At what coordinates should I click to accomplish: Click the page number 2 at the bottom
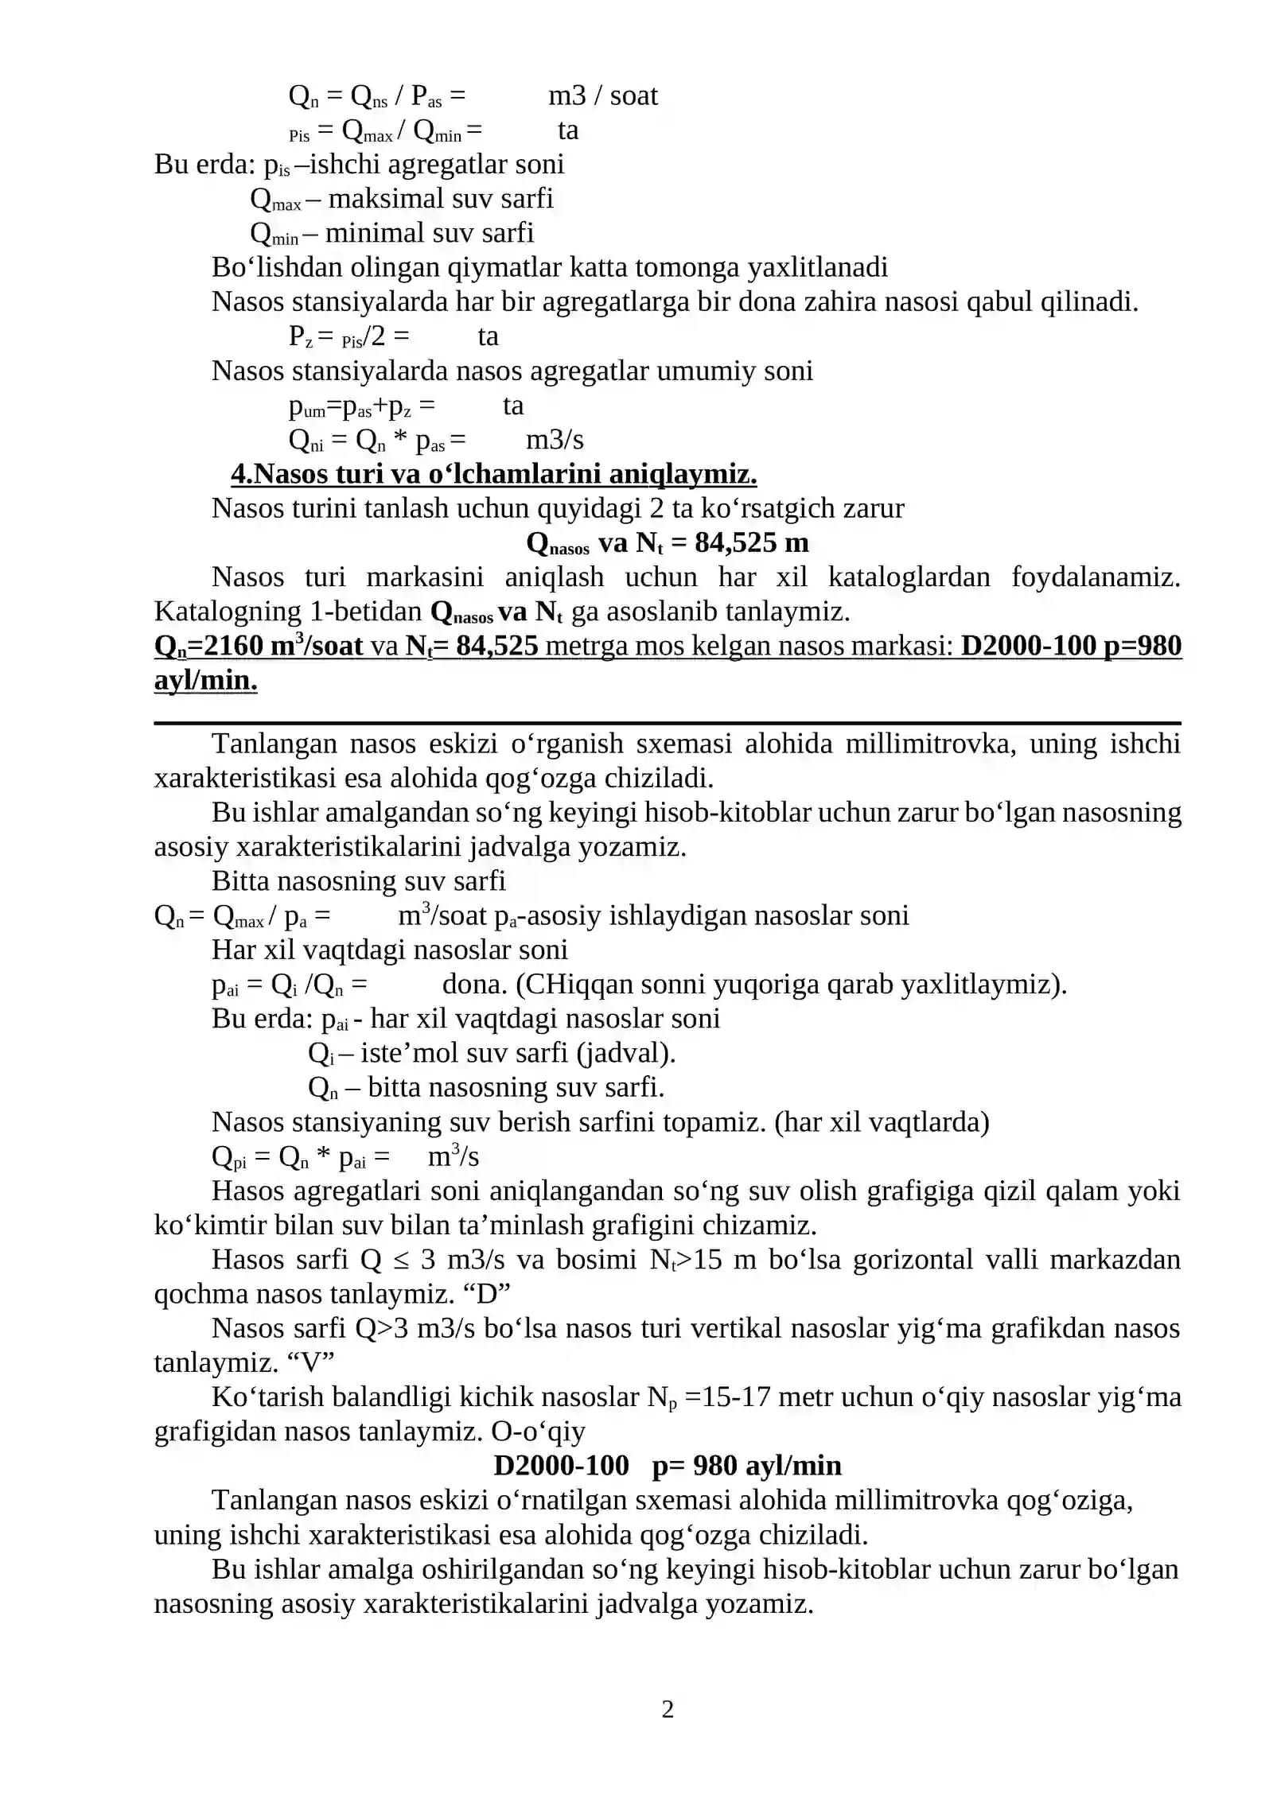point(668,1708)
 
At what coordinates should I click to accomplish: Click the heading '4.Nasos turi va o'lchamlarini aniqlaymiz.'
point(493,474)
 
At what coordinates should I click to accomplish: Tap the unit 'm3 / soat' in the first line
point(602,96)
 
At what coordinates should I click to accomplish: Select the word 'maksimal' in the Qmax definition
point(372,199)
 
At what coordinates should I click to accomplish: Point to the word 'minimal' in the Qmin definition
point(364,233)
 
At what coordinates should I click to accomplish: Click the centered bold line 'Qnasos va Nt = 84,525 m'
point(667,542)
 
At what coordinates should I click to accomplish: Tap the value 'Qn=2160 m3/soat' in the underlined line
point(259,646)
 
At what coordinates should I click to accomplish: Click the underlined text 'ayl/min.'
point(205,681)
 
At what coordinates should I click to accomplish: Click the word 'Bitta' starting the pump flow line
point(241,881)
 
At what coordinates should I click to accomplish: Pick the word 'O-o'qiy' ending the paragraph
point(538,1432)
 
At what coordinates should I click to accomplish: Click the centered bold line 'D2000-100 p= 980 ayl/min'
point(667,1466)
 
